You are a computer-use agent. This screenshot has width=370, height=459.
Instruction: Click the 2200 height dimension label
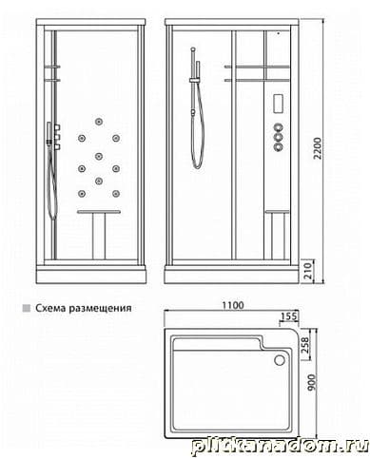coord(317,148)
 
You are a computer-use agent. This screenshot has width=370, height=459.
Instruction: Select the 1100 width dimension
coord(233,305)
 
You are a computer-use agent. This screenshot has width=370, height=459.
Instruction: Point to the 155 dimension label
coord(289,316)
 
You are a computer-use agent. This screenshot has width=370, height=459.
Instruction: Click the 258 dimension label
coord(304,344)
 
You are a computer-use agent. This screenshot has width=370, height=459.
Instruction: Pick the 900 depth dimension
coord(312,382)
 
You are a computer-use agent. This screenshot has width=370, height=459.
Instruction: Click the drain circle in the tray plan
coord(280,360)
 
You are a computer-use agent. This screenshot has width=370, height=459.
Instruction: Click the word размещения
coord(100,309)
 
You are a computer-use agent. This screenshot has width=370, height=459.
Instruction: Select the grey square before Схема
coord(27,308)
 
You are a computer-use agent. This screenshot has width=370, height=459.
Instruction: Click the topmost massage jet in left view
coord(99,122)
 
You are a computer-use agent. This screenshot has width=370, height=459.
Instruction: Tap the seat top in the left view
coord(99,211)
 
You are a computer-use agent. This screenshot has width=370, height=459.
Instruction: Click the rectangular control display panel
coord(278,103)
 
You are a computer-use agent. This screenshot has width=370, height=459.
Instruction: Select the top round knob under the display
coord(279,127)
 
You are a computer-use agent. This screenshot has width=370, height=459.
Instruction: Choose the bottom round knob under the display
coord(279,146)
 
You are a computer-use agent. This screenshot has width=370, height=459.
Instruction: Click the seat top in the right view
coord(277,211)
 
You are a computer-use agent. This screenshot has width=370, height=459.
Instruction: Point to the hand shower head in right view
coord(198,69)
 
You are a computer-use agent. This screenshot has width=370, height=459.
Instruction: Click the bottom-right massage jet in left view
coord(116,193)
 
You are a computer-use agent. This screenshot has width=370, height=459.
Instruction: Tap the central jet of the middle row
coord(99,156)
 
